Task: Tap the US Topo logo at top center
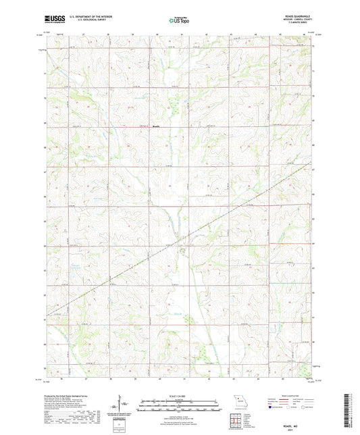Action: pyautogui.click(x=178, y=20)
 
